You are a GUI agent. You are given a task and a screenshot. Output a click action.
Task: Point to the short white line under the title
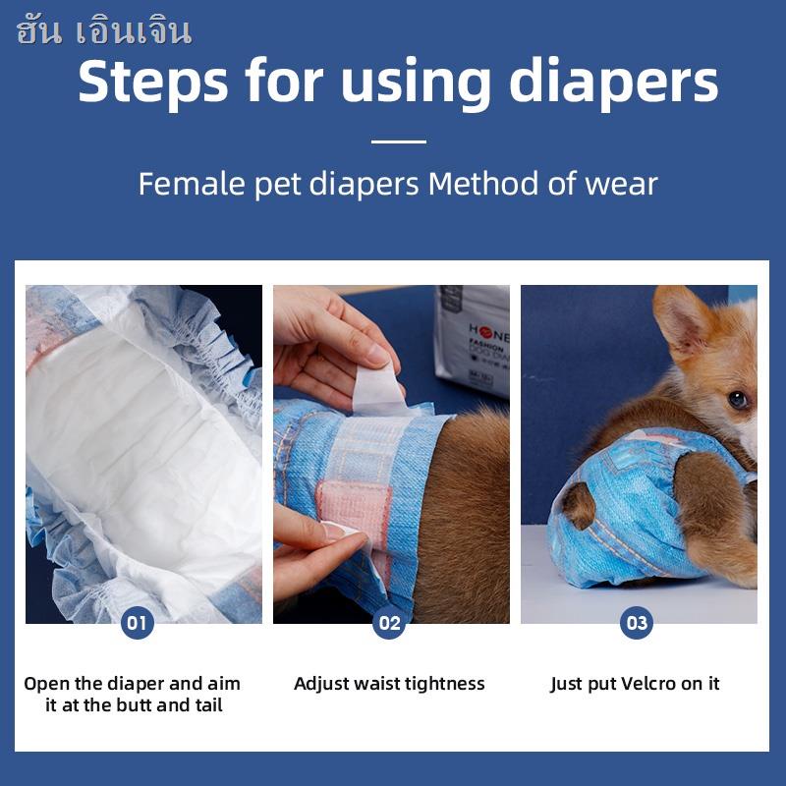[x=398, y=141]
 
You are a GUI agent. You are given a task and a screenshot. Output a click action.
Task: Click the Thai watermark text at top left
[x=104, y=31]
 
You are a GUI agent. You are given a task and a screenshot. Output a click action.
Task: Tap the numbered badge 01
[x=138, y=623]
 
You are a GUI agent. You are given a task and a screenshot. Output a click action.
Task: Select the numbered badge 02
[x=389, y=623]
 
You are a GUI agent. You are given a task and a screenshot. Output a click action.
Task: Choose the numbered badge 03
[x=637, y=623]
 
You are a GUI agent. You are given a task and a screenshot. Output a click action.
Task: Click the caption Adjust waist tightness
[x=389, y=684]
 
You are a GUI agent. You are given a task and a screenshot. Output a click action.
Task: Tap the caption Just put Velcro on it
[x=635, y=684]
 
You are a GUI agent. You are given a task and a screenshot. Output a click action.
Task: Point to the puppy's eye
[x=737, y=399]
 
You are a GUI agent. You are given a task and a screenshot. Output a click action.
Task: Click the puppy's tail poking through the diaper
[x=580, y=504]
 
